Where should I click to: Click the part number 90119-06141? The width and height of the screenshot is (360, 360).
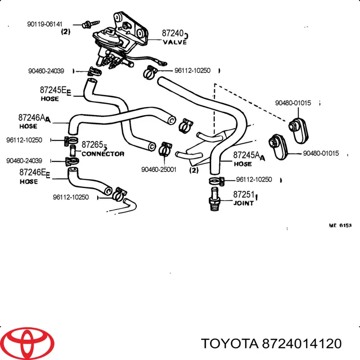tap(44, 24)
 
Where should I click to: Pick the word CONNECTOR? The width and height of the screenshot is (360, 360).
tap(103, 153)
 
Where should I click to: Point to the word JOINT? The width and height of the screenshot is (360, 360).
tap(243, 202)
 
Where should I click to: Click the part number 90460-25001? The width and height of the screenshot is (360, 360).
tap(158, 169)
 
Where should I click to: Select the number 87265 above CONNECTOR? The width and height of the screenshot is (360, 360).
tap(93, 146)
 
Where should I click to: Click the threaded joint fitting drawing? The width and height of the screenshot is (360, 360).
tap(214, 198)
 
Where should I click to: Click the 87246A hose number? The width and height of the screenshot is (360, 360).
tap(32, 118)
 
